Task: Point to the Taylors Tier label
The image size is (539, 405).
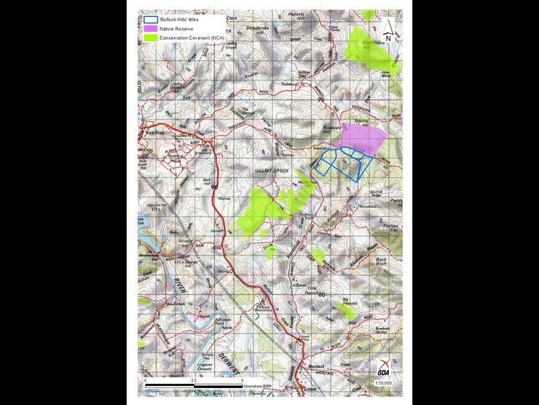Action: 391,230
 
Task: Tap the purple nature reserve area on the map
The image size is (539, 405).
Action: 364,138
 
